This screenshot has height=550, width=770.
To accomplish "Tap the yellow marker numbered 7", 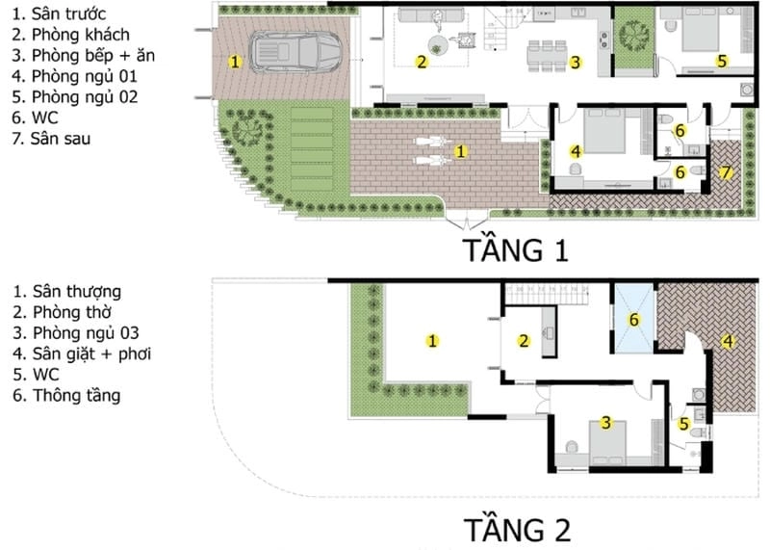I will (727, 172).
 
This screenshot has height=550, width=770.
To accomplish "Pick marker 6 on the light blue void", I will (633, 319).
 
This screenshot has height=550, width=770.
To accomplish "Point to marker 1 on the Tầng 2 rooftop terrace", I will (433, 339).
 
